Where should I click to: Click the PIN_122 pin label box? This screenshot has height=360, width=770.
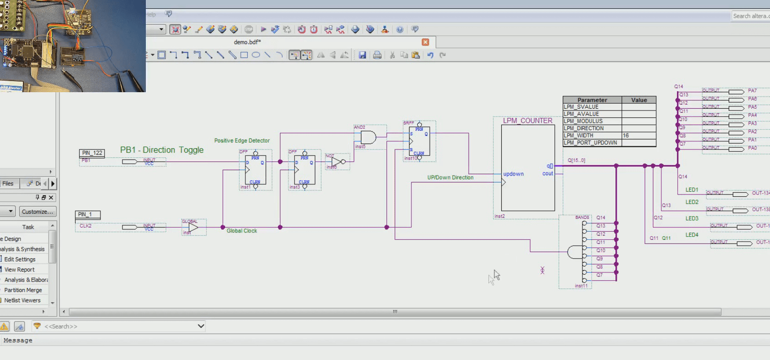tap(92, 153)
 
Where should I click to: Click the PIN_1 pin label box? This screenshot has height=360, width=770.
tap(87, 214)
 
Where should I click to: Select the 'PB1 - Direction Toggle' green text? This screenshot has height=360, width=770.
tap(161, 150)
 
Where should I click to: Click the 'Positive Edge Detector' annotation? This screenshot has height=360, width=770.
tap(242, 140)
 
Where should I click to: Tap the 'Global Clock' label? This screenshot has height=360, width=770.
tap(242, 231)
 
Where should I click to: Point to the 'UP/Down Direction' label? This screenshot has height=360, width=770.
tap(450, 177)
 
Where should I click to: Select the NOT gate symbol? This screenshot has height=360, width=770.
tap(337, 162)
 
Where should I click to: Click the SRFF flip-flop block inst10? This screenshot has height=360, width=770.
tap(419, 141)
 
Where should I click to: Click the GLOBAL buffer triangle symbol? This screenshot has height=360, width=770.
tap(193, 227)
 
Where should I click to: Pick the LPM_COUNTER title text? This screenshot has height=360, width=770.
tap(527, 121)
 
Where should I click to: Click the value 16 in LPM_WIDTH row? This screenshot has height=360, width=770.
tap(626, 135)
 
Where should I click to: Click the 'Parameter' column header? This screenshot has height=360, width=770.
tap(592, 100)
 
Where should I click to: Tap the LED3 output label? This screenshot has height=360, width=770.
tap(692, 218)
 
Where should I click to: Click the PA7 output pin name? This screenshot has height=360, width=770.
tap(752, 90)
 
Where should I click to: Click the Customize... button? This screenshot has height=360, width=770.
tap(37, 211)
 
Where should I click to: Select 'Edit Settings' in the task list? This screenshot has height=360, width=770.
tap(20, 259)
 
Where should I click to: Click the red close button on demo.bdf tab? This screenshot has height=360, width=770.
tap(425, 42)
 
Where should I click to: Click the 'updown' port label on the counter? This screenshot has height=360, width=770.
tap(513, 174)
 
